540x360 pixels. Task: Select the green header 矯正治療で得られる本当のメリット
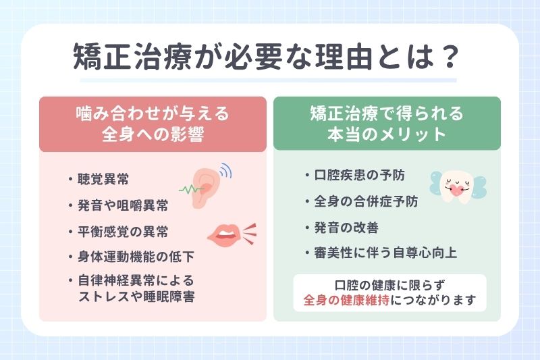387,124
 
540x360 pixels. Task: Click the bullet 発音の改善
344,227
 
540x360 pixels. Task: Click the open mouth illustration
225,234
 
